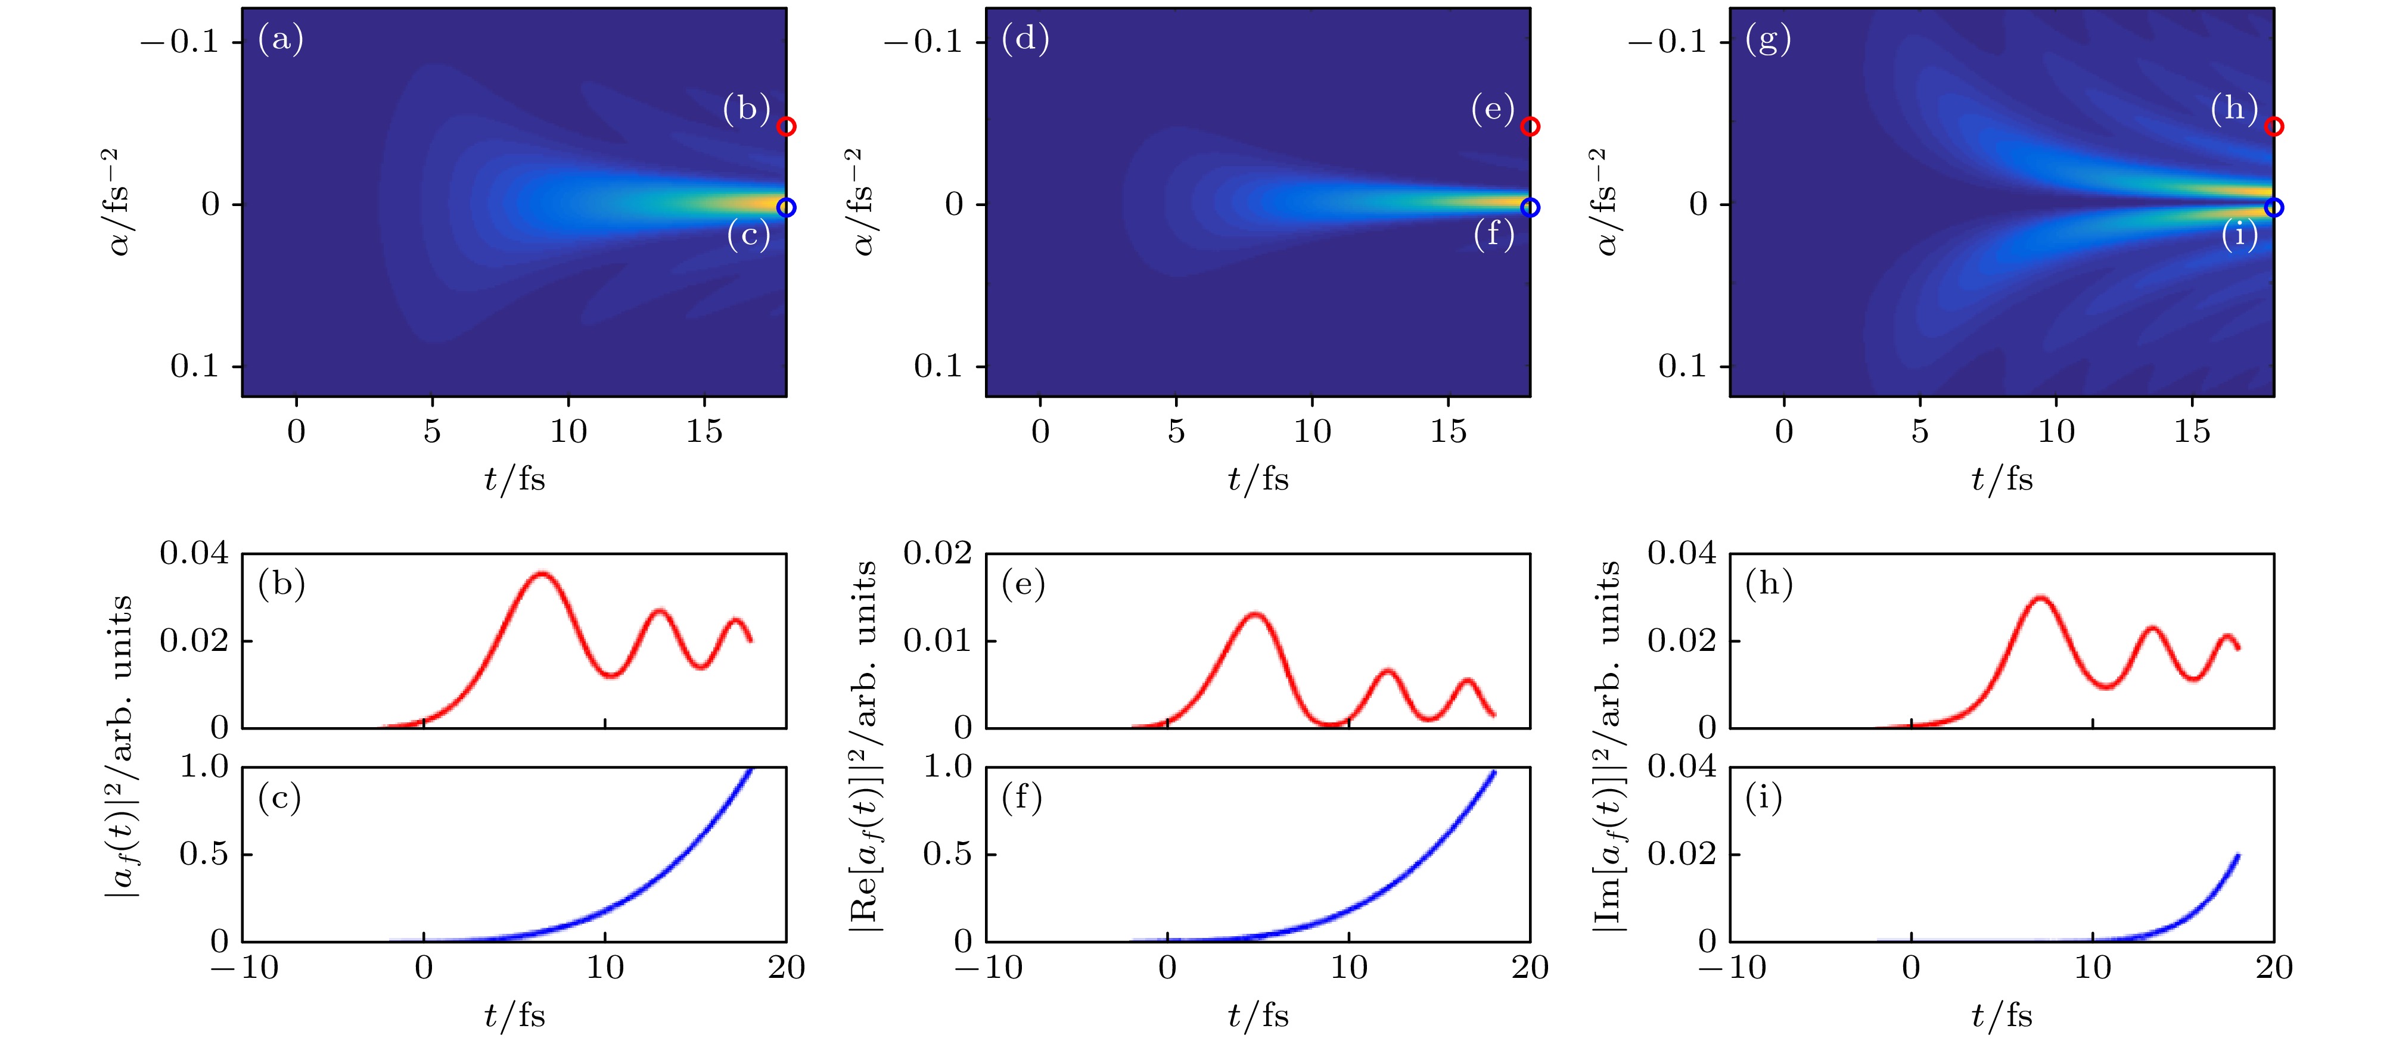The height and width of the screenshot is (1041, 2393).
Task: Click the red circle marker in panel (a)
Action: pos(786,126)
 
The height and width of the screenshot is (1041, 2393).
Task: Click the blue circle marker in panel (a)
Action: pos(786,207)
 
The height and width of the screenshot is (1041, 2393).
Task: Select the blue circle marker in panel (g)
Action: pos(2273,207)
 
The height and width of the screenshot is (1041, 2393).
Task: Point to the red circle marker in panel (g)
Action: pos(2273,126)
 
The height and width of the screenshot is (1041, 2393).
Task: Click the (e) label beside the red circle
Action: pos(1492,110)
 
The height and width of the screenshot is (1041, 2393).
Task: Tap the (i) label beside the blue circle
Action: pos(2239,235)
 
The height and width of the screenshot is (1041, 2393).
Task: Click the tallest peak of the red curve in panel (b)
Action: pos(542,574)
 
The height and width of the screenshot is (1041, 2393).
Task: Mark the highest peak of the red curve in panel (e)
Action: pos(1255,614)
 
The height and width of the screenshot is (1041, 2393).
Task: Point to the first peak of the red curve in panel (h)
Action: pos(2040,598)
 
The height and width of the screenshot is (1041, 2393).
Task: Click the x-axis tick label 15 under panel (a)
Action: pos(704,431)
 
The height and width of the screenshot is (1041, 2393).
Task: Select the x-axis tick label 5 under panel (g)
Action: pos(1920,431)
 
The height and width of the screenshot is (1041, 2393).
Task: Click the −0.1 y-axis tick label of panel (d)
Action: pos(922,42)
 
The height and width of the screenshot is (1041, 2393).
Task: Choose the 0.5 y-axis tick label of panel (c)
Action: pos(203,853)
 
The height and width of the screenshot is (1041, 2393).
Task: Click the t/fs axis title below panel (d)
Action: pos(1258,479)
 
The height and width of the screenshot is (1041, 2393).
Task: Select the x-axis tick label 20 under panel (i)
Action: pos(2274,968)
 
